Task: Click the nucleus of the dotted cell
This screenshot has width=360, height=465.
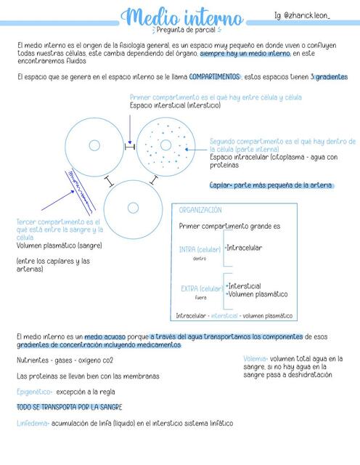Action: (x=166, y=145)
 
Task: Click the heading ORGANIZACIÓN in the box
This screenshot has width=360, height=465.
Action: (x=201, y=210)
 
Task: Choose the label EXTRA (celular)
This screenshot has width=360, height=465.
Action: (x=202, y=288)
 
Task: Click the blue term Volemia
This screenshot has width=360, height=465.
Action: (x=255, y=358)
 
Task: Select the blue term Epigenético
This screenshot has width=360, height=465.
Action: (x=36, y=392)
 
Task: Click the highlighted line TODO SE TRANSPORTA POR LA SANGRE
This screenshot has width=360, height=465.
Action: (x=69, y=407)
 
